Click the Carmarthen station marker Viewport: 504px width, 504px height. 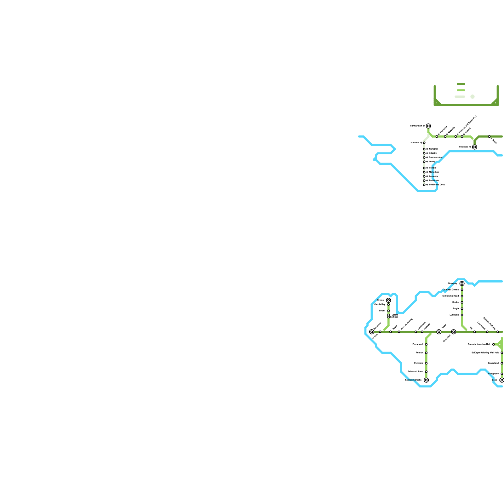pyautogui.click(x=428, y=126)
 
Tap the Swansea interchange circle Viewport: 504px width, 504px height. pyautogui.click(x=474, y=147)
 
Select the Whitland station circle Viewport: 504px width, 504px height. pyautogui.click(x=424, y=143)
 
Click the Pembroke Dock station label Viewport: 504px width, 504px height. pyautogui.click(x=437, y=185)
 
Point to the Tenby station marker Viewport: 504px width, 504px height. pyautogui.click(x=424, y=162)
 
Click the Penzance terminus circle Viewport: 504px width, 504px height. pyautogui.click(x=372, y=332)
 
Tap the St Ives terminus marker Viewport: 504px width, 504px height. pyautogui.click(x=388, y=300)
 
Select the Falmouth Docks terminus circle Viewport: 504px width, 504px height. pyautogui.click(x=426, y=380)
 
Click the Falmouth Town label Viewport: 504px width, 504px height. pyautogui.click(x=415, y=372)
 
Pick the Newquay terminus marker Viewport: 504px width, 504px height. pyautogui.click(x=462, y=283)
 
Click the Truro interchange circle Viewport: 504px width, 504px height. pyautogui.click(x=439, y=332)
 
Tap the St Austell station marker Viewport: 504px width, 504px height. pyautogui.click(x=454, y=332)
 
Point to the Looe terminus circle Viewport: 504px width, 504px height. pyautogui.click(x=502, y=380)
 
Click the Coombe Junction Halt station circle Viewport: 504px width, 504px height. pyautogui.click(x=493, y=344)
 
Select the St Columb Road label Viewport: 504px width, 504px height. pyautogui.click(x=450, y=296)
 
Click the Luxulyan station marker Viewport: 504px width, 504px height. pyautogui.click(x=462, y=315)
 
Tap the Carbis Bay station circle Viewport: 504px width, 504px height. pyautogui.click(x=388, y=305)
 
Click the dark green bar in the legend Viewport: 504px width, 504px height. pyautogui.click(x=461, y=84)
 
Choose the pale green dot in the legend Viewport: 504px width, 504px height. pyautogui.click(x=472, y=97)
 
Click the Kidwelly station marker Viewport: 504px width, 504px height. pyautogui.click(x=445, y=136)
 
